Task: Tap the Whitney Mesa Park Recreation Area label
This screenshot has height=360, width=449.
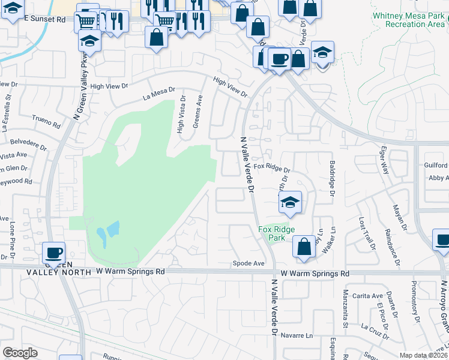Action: coord(408,19)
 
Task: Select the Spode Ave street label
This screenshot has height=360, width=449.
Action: coord(249,263)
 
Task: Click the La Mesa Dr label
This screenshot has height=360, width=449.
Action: coord(158,94)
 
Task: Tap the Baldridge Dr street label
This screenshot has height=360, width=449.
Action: coord(331,178)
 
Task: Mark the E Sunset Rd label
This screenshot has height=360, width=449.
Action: coord(45,20)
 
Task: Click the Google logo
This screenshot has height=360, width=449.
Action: coord(20,353)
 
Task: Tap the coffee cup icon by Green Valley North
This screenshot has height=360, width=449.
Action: coord(54,253)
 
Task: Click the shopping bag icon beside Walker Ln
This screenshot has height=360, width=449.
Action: coord(304,247)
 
